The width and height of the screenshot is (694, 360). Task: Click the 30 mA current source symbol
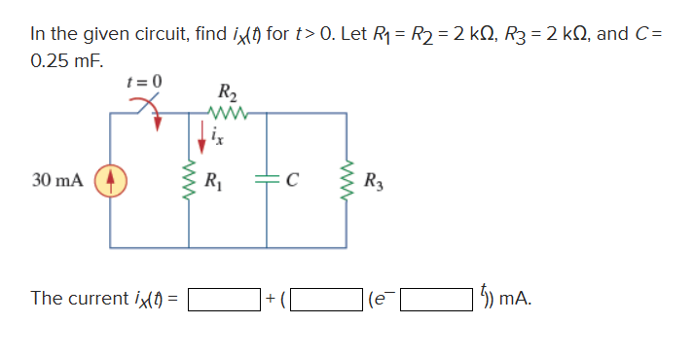pos(109,181)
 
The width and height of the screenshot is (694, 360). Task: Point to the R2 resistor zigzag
pos(226,113)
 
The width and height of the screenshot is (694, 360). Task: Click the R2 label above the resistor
pos(226,93)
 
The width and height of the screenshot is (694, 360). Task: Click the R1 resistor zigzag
pos(187,182)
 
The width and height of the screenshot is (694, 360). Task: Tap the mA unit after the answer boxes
pos(515,299)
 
